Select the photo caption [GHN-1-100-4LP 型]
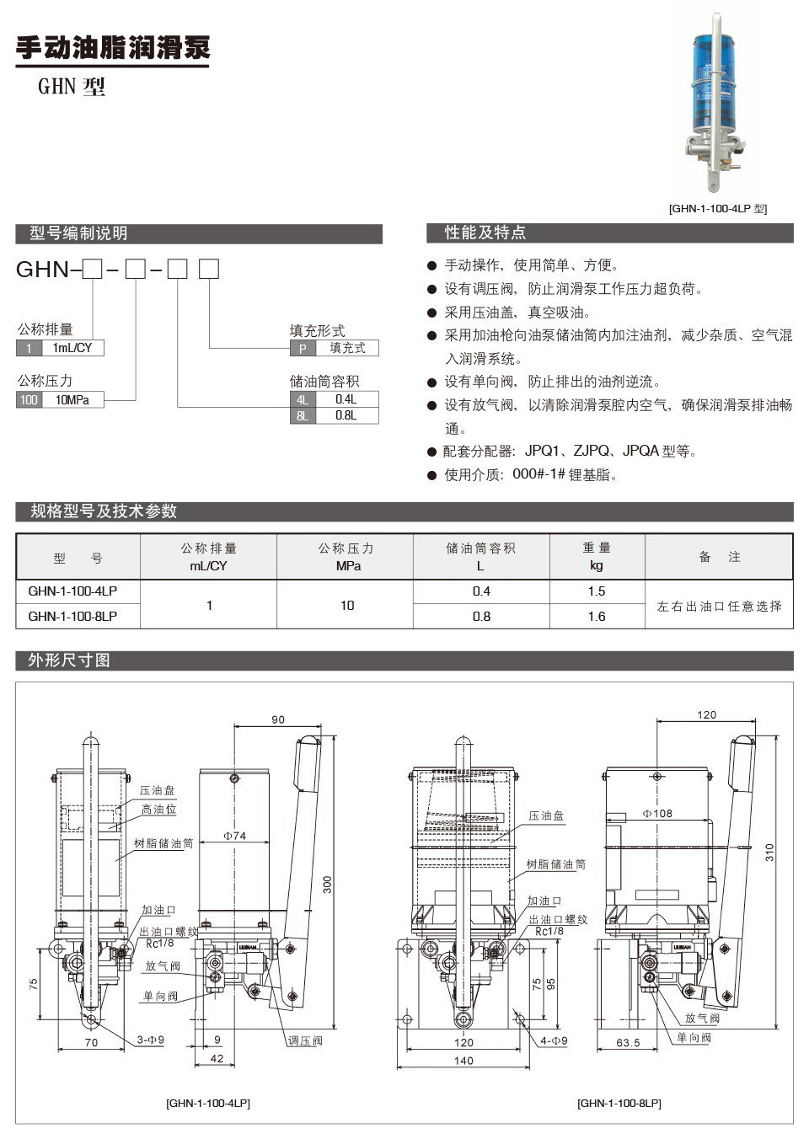coord(717,208)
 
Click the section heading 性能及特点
coord(485,233)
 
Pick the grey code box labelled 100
coord(29,400)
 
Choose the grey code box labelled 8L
coord(302,415)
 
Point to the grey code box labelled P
coord(302,348)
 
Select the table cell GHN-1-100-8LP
coord(72,617)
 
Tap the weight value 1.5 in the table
coord(597,591)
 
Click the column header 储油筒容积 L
coord(480,557)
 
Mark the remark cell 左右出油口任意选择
coord(719,606)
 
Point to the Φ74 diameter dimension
coord(234,836)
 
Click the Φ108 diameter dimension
coord(657,814)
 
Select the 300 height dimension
coord(328,885)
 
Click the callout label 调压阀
coord(305,1041)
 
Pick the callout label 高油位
coord(158,810)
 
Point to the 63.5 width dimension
coord(628,1042)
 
